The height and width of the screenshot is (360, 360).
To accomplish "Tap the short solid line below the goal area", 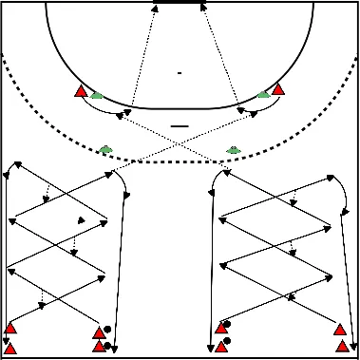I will point(180,124).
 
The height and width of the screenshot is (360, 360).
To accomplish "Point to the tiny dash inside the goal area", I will point(180,72).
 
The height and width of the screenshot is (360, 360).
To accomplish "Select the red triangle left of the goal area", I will point(82,91).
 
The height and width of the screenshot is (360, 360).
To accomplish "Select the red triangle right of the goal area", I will point(278,90).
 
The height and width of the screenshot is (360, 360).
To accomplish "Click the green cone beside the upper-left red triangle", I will point(96,94).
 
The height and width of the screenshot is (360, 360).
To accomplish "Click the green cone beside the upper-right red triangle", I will point(264,93).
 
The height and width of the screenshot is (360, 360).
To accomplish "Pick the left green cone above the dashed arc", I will point(104,149).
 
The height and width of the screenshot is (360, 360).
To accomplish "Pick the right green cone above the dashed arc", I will point(234,149).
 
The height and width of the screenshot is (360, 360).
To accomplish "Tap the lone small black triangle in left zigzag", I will point(81,219).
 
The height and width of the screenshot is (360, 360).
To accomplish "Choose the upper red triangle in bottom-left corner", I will point(10,329).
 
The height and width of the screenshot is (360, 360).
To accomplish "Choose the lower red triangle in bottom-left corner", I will point(10,347).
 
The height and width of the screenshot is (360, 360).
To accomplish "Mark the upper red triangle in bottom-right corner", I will point(340,330).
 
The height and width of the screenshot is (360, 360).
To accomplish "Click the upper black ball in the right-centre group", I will point(226,324).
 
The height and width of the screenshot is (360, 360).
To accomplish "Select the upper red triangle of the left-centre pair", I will point(98,332).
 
